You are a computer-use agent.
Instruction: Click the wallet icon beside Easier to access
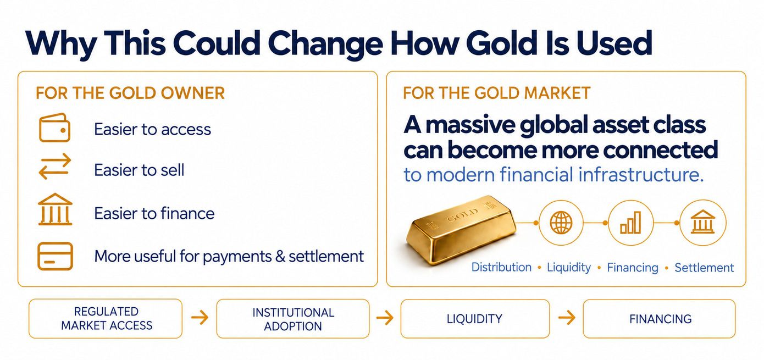[54, 128]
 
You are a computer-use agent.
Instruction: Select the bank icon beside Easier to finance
[55, 209]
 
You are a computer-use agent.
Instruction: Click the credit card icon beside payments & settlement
[55, 256]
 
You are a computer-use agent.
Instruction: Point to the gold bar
[461, 230]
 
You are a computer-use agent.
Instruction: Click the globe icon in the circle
[561, 223]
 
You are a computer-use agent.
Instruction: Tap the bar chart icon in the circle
[630, 222]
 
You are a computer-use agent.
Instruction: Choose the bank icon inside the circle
[702, 221]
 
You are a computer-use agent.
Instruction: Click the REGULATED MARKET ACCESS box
[106, 318]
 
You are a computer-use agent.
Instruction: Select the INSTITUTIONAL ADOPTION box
[293, 319]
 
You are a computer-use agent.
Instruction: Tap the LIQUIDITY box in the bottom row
[475, 319]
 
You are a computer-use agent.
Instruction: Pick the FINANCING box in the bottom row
[659, 319]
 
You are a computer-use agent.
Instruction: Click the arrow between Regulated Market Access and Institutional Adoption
[200, 317]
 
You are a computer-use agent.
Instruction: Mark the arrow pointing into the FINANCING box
[567, 318]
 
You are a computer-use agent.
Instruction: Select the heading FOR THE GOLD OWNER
[130, 93]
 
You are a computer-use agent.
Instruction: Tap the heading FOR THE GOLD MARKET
[497, 93]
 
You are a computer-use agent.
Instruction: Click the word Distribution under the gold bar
[501, 267]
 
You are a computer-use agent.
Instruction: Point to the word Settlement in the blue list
[704, 268]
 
